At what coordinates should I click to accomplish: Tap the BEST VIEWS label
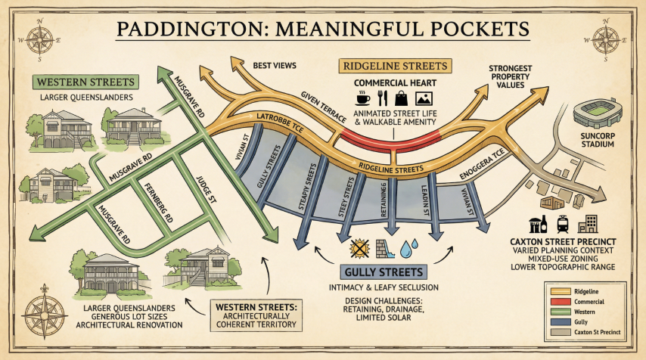[273, 65]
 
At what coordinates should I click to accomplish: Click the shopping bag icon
[402, 98]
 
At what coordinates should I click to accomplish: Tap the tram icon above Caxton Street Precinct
[563, 224]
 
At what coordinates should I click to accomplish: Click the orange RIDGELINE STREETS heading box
[396, 65]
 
